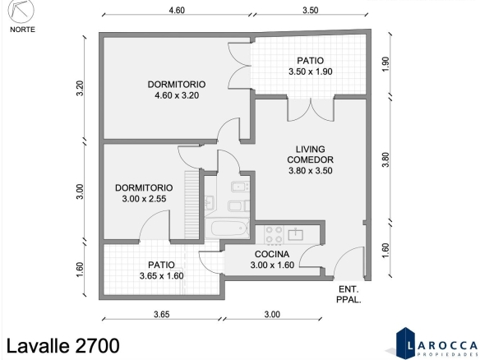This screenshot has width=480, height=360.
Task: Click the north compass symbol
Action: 21,11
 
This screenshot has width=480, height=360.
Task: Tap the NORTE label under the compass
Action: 23,30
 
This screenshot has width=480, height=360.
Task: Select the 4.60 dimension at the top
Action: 177,11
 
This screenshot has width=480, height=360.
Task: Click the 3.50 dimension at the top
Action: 311,11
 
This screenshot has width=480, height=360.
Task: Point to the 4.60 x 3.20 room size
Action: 177,95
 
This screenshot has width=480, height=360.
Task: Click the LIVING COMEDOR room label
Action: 311,155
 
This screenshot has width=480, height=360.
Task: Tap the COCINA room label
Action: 272,255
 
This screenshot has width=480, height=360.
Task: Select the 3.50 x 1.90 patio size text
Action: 311,72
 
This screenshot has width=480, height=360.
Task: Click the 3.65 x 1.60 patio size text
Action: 162,276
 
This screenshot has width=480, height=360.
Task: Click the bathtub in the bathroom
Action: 229,228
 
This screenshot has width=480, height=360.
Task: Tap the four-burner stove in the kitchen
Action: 274,234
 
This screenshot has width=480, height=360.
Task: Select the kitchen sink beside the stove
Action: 295,234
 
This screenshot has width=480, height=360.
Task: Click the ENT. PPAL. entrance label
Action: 348,294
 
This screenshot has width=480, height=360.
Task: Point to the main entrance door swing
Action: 349,263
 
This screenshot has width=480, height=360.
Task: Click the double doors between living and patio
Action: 311,109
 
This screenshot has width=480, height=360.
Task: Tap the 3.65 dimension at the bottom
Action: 162,315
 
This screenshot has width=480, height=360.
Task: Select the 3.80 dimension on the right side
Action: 385,159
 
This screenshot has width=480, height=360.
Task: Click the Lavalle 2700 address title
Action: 63,346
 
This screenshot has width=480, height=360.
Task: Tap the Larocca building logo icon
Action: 404,342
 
